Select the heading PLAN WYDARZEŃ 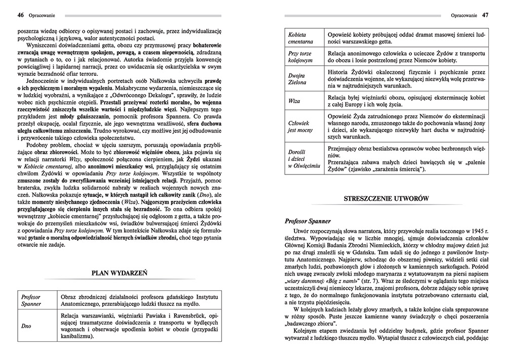pyautogui.click(x=119, y=273)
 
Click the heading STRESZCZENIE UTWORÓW pyautogui.click(x=386, y=199)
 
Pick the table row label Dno pyautogui.click(x=26, y=326)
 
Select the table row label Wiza pyautogui.click(x=294, y=101)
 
